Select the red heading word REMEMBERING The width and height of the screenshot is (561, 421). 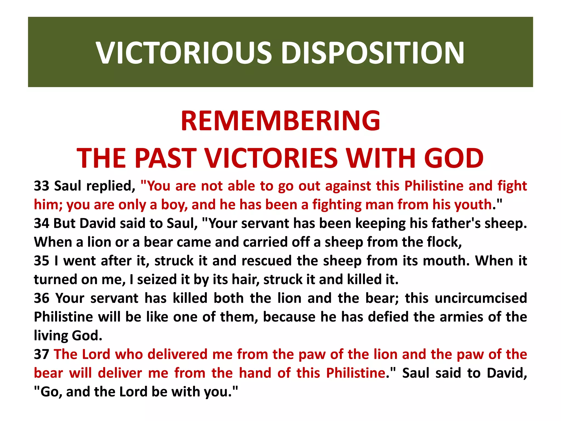tap(280, 121)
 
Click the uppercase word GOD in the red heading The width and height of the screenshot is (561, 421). tap(454, 158)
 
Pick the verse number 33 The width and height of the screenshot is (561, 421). tap(42, 186)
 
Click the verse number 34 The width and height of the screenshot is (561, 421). tap(41, 223)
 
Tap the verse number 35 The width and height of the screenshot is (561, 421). tap(42, 261)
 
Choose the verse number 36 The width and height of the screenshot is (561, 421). tap(42, 298)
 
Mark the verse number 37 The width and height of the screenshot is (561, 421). tap(42, 354)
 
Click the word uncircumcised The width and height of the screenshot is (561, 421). tap(481, 298)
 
